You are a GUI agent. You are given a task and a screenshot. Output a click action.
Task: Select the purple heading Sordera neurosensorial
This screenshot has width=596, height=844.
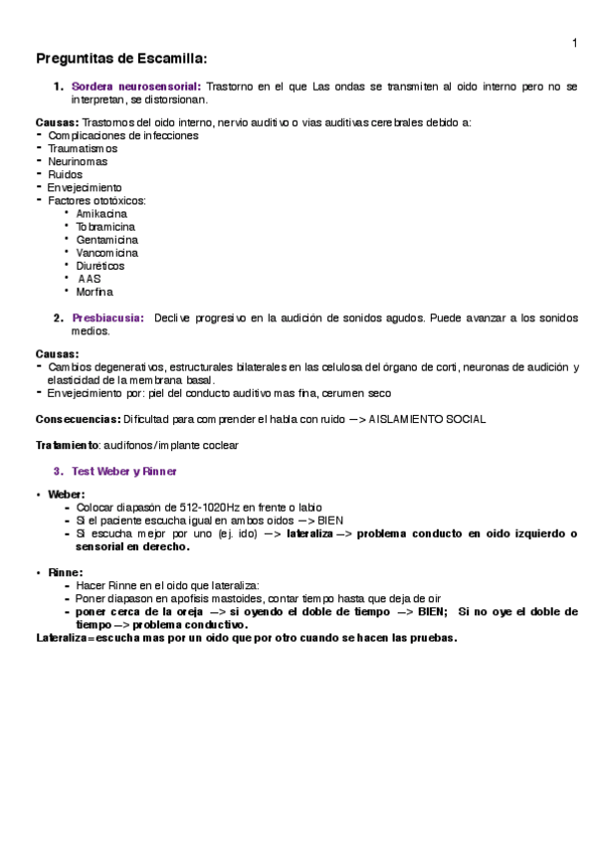click(137, 87)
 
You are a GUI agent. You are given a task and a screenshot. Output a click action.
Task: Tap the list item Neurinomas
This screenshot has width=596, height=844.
click(78, 161)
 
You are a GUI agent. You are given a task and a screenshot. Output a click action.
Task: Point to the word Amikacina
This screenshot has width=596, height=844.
click(101, 214)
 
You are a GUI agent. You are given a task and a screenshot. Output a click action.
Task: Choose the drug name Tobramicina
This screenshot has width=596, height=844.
click(105, 227)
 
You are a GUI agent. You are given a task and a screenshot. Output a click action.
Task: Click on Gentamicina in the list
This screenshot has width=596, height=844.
click(106, 240)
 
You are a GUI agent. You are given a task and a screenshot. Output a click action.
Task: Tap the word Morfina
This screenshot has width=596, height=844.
click(94, 292)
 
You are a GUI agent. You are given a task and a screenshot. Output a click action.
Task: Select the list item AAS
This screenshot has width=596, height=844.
click(90, 279)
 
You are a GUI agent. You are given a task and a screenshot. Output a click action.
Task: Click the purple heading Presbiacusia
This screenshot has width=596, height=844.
click(107, 318)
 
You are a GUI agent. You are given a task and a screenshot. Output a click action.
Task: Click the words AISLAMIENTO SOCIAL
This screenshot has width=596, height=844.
click(427, 419)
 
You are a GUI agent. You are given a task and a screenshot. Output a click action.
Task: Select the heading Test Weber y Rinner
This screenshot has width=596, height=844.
click(124, 470)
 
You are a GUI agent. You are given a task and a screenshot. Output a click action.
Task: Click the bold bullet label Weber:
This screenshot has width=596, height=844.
click(67, 494)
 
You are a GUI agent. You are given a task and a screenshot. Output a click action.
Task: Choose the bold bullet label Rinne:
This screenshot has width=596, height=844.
click(66, 573)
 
